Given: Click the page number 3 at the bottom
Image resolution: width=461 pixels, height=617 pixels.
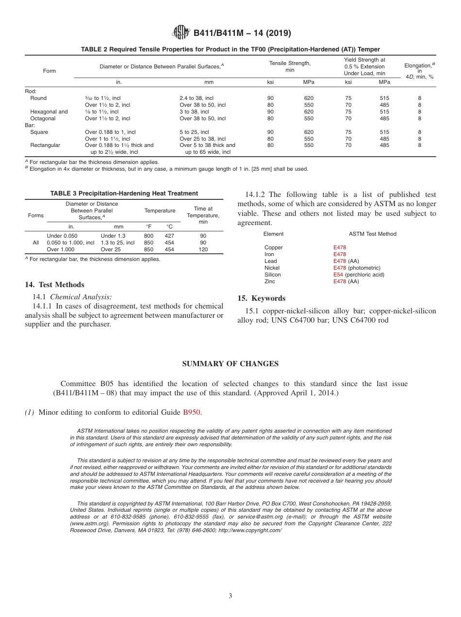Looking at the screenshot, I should pyautogui.click(x=230, y=596).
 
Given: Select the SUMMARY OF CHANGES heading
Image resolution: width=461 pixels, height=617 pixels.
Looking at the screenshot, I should pyautogui.click(x=230, y=364).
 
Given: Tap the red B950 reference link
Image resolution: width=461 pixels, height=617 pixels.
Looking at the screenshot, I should pyautogui.click(x=191, y=412).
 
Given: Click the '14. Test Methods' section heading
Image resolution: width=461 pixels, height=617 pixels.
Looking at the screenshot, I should pyautogui.click(x=54, y=285).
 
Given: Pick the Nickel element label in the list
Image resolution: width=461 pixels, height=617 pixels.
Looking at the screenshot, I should pyautogui.click(x=272, y=268).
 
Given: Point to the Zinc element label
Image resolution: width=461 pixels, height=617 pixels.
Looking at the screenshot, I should pyautogui.click(x=270, y=281).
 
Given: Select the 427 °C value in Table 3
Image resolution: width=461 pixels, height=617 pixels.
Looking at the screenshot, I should pyautogui.click(x=169, y=236).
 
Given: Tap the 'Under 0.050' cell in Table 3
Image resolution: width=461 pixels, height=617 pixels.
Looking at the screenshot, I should pyautogui.click(x=62, y=236).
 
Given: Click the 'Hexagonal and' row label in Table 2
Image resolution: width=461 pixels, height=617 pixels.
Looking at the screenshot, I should pyautogui.click(x=49, y=112).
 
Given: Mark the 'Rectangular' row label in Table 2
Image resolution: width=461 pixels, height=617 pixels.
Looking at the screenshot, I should pyautogui.click(x=45, y=145).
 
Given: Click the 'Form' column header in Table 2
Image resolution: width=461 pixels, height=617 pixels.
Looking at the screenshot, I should pyautogui.click(x=49, y=71).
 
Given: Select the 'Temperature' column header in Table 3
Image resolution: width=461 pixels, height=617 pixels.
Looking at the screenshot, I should pyautogui.click(x=160, y=211).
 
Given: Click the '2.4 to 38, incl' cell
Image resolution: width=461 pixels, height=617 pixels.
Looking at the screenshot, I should pyautogui.click(x=196, y=98).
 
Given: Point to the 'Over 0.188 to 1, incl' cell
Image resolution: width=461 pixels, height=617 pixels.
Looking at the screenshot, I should pyautogui.click(x=110, y=132).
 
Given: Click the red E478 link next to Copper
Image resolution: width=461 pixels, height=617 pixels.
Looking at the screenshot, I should pyautogui.click(x=340, y=247).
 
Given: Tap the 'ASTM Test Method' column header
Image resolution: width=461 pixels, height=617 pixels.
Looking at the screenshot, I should pyautogui.click(x=372, y=234).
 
